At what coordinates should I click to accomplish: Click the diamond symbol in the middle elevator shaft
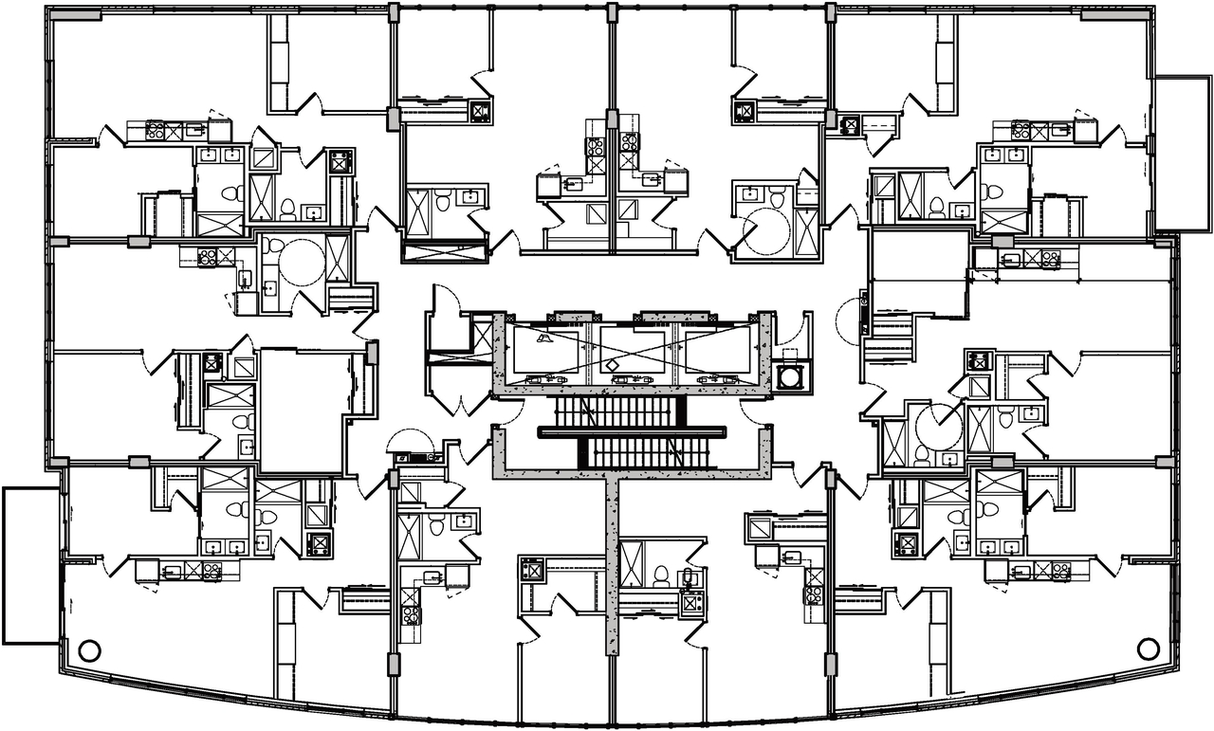[x=613, y=364]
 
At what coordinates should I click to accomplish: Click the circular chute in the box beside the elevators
[x=787, y=376]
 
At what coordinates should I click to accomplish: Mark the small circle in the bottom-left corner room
[x=89, y=650]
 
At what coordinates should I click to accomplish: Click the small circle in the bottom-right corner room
[x=1147, y=649]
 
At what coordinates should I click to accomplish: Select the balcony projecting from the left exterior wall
[x=31, y=565]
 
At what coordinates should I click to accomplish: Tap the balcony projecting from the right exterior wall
[x=1181, y=154]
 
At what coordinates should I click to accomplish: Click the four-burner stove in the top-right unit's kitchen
[x=1021, y=130]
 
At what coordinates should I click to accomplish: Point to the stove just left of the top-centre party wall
[x=596, y=147]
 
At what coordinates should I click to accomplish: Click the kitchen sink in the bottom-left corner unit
[x=172, y=572]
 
